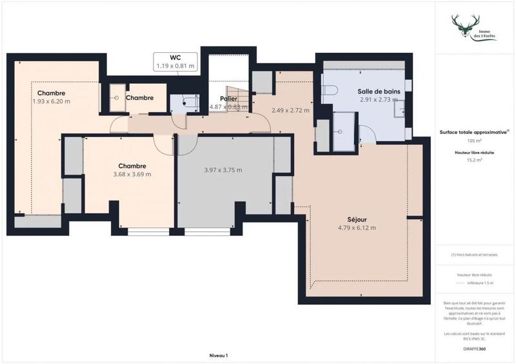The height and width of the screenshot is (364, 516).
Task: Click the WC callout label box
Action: pyautogui.click(x=175, y=61)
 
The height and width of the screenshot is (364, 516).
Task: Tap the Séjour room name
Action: pyautogui.click(x=348, y=218)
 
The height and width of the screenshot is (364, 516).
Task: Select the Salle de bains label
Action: pyautogui.click(x=379, y=92)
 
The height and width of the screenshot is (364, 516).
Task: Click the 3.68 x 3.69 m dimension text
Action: pyautogui.click(x=132, y=174)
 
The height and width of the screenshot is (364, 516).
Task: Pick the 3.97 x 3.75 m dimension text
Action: pyautogui.click(x=223, y=170)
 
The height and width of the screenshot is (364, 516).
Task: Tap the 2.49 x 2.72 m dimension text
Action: pyautogui.click(x=290, y=110)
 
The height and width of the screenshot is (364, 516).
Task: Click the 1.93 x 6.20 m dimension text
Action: pyautogui.click(x=51, y=101)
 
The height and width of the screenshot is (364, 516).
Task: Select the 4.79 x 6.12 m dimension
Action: pyautogui.click(x=357, y=227)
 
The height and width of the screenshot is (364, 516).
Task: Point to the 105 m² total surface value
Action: pyautogui.click(x=475, y=140)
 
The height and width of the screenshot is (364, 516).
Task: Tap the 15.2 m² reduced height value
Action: pyautogui.click(x=475, y=160)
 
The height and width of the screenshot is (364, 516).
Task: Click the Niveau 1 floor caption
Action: pyautogui.click(x=219, y=355)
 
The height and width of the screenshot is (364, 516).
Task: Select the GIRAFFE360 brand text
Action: pyautogui.click(x=475, y=348)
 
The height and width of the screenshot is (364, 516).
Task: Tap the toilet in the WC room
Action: pyautogui.click(x=190, y=101)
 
